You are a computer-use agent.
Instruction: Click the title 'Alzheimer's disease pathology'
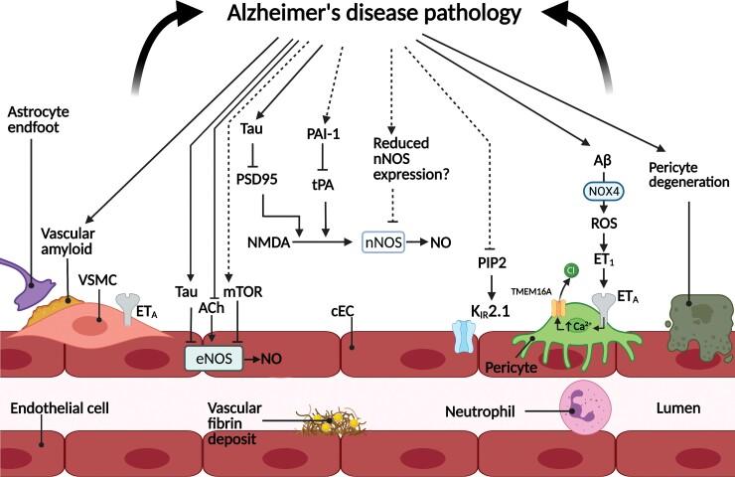click(367, 16)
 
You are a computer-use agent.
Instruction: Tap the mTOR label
click(248, 294)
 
